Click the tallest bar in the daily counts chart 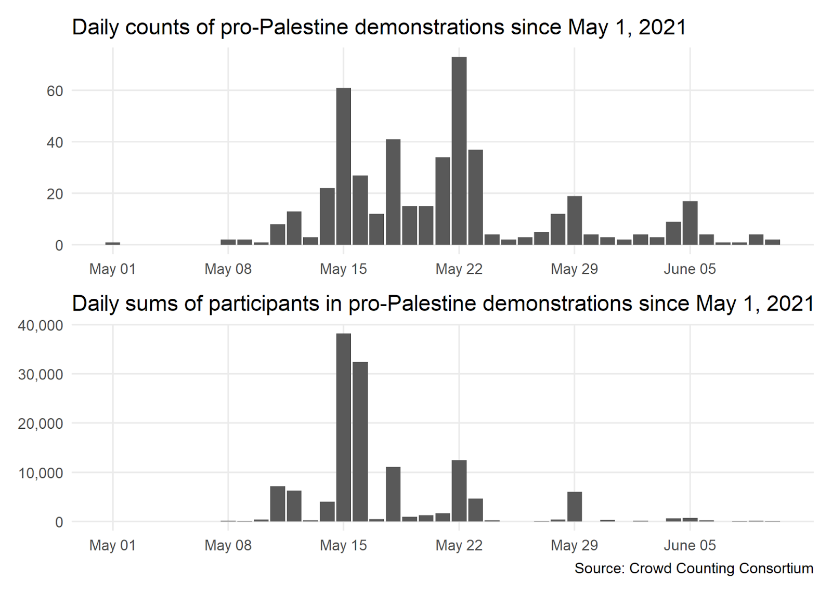[x=459, y=151]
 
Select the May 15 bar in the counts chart [x=343, y=166]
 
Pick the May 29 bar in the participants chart [x=574, y=507]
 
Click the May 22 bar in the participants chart [x=459, y=491]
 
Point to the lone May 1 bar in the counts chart [x=112, y=243]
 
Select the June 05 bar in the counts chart [x=690, y=223]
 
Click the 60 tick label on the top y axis [x=55, y=91]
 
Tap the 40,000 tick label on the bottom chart [x=41, y=325]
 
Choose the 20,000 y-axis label [x=41, y=424]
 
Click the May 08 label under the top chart [x=228, y=269]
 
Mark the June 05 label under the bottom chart [x=690, y=545]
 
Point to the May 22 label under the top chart [x=459, y=269]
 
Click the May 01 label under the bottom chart [x=112, y=545]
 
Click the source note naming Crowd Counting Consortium [x=694, y=569]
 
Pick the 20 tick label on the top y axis [x=55, y=194]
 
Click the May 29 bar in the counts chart [x=574, y=220]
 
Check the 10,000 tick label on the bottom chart [x=41, y=473]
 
